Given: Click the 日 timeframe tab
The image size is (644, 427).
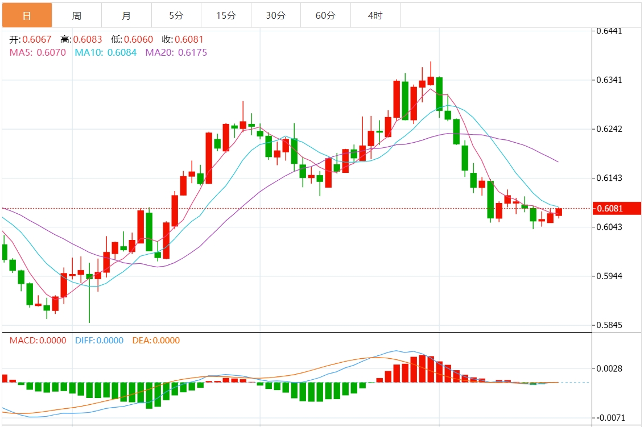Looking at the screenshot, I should pyautogui.click(x=27, y=15).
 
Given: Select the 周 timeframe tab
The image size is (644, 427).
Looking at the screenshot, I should pyautogui.click(x=77, y=15).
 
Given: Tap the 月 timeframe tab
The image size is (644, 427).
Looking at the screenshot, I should pyautogui.click(x=126, y=15).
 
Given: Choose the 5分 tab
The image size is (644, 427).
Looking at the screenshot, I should pyautogui.click(x=176, y=15).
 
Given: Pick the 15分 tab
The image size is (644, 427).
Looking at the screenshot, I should pyautogui.click(x=226, y=15).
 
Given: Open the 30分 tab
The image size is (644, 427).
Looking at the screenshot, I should pyautogui.click(x=275, y=15).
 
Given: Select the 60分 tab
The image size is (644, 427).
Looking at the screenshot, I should pyautogui.click(x=325, y=15).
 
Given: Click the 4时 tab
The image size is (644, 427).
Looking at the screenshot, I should pyautogui.click(x=375, y=15).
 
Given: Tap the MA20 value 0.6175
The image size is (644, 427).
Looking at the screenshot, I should pyautogui.click(x=193, y=52).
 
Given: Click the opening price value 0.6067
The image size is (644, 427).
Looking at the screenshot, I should pyautogui.click(x=37, y=39).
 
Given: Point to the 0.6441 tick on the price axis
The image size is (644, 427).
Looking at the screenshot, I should pyautogui.click(x=609, y=31).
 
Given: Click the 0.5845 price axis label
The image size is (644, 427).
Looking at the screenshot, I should pyautogui.click(x=609, y=325).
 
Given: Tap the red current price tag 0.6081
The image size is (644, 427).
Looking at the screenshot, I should pyautogui.click(x=617, y=208).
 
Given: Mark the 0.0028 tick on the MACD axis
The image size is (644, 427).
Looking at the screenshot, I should pyautogui.click(x=609, y=368).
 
